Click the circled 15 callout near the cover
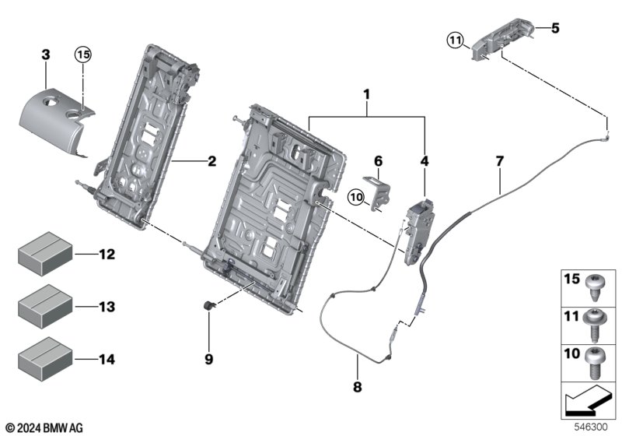(x=83, y=54)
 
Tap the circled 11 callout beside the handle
(x=456, y=40)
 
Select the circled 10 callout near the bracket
(x=356, y=197)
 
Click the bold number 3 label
(x=46, y=54)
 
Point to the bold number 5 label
(x=555, y=28)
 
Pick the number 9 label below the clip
(x=208, y=359)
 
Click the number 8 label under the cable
(x=358, y=387)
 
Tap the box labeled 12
(x=45, y=254)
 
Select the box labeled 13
(x=45, y=307)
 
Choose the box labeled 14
(x=45, y=359)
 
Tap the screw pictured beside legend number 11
(x=593, y=325)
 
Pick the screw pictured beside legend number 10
(x=593, y=363)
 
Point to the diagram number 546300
(x=591, y=427)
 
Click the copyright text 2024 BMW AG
(x=44, y=427)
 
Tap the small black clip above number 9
(x=208, y=305)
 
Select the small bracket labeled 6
(x=376, y=191)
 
